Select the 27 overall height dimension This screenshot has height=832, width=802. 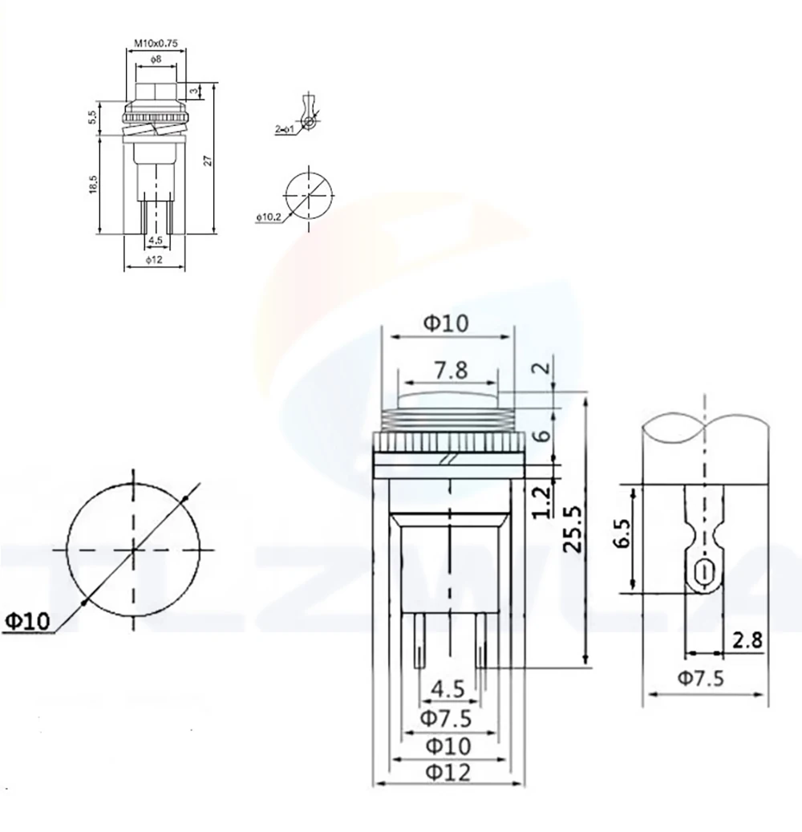click(208, 159)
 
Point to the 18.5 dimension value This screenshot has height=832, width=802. click(95, 184)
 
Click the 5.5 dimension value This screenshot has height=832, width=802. click(95, 117)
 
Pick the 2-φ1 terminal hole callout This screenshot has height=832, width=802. click(285, 128)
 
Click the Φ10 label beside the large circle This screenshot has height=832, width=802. click(28, 619)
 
